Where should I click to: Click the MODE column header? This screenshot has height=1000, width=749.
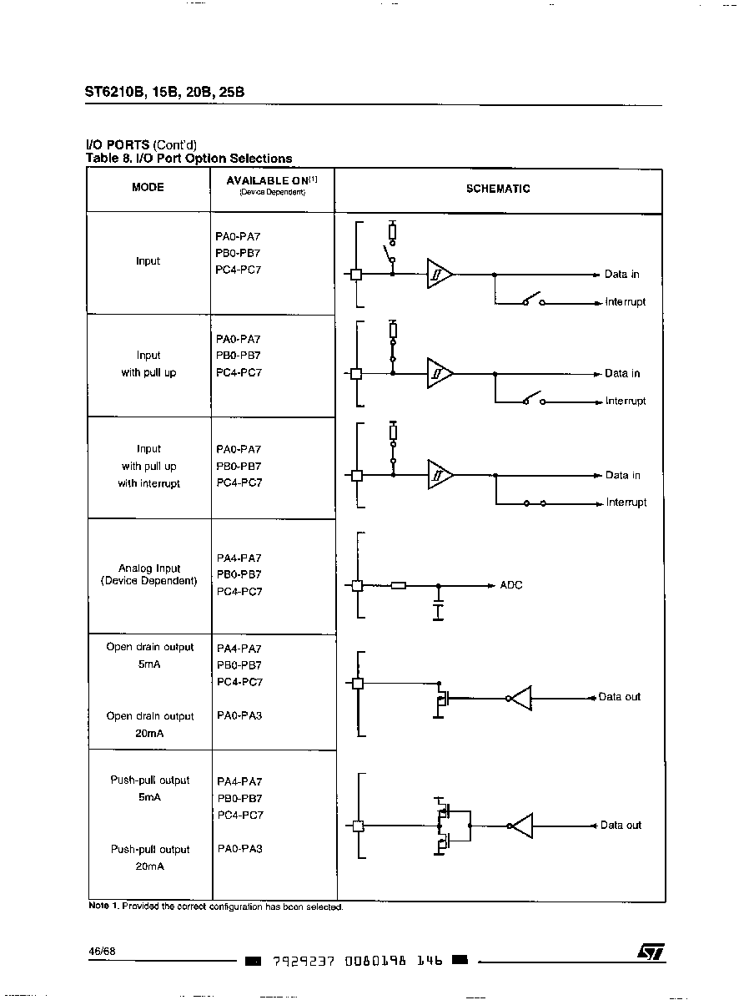point(148,187)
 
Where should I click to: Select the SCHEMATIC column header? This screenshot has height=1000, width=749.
point(498,189)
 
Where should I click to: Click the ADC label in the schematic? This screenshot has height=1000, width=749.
point(511,585)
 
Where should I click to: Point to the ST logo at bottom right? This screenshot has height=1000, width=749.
point(651,952)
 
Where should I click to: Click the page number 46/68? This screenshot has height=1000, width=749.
point(102,952)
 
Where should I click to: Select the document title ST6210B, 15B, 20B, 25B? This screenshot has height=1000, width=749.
point(164,92)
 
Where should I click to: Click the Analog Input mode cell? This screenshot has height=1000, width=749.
point(149,574)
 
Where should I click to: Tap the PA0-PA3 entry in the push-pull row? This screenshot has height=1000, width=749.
point(239,849)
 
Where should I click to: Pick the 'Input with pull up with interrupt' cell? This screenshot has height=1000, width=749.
point(148,467)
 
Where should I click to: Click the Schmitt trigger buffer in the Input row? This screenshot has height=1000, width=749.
point(440,275)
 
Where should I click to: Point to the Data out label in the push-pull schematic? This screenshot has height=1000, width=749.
point(621,826)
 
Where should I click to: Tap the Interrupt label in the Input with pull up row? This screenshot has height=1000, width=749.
point(626,402)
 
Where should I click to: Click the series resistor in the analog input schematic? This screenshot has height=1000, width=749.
point(399,585)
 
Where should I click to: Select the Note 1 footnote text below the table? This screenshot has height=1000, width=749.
point(215,907)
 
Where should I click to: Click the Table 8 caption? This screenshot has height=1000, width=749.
point(189,158)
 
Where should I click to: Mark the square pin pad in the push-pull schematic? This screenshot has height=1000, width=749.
point(359,826)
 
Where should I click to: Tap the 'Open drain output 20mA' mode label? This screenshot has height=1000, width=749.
point(150,725)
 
